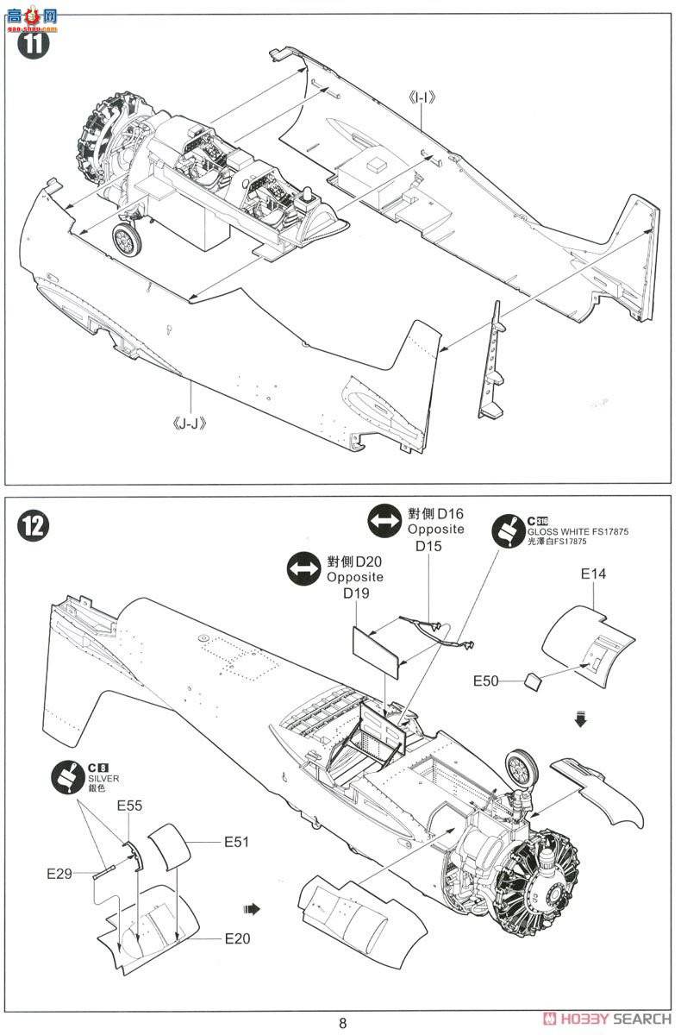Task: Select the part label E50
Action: [486, 681]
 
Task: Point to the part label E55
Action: [130, 806]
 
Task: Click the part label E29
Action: [61, 873]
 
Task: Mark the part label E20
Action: [237, 938]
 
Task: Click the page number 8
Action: [342, 1023]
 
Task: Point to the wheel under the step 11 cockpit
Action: [127, 237]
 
